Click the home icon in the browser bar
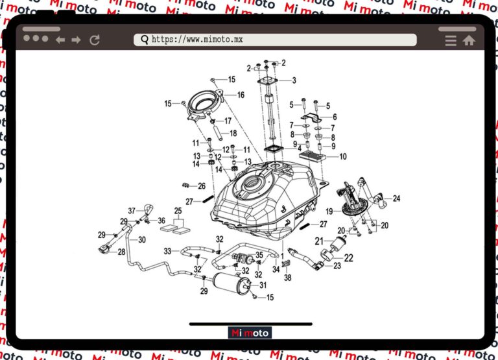[x=469, y=40]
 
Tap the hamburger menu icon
[x=451, y=40]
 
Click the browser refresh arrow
[x=95, y=40]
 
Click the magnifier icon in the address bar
[x=145, y=40]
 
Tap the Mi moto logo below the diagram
[x=250, y=333]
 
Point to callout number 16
[x=241, y=95]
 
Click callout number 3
[x=294, y=80]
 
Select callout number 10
[x=343, y=156]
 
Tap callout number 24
[x=396, y=198]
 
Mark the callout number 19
[x=329, y=211]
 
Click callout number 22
[x=348, y=258]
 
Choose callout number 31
[x=263, y=285]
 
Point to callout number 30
[x=142, y=239]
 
